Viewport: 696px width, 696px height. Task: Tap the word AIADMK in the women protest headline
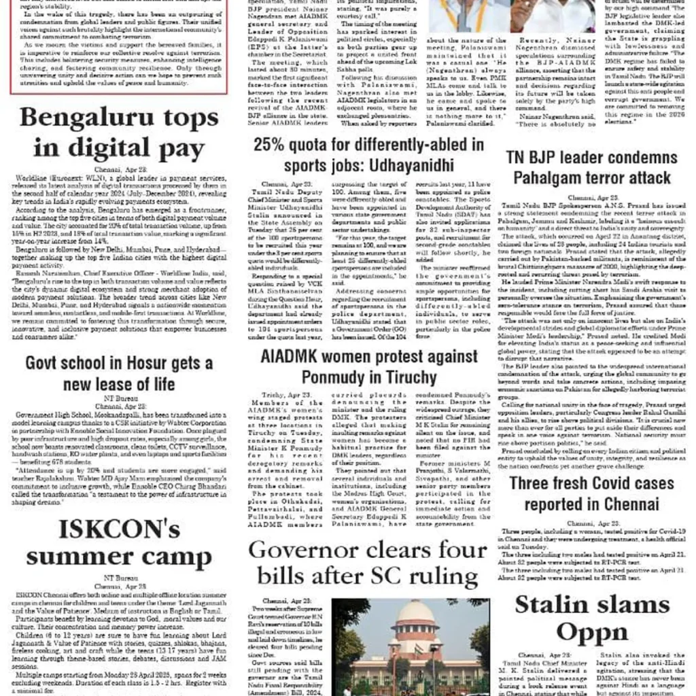294,358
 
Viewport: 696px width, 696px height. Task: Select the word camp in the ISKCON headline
177,558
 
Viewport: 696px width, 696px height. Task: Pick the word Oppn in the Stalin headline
593,633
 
